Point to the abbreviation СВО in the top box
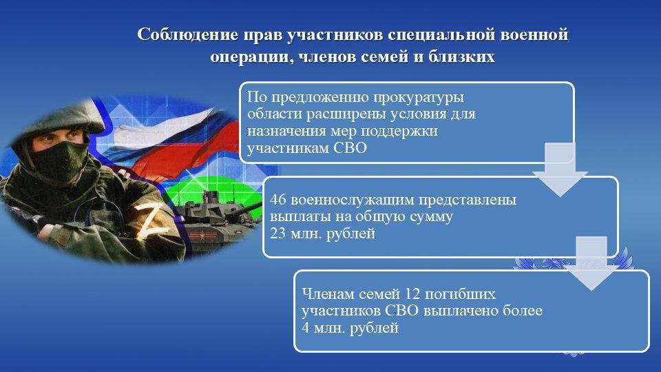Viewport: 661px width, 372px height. tap(350, 148)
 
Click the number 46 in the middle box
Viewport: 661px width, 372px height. tap(278, 199)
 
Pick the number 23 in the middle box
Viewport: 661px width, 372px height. tap(278, 234)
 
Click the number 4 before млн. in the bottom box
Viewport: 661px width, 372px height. tap(306, 328)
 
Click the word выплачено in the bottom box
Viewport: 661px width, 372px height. tap(461, 311)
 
